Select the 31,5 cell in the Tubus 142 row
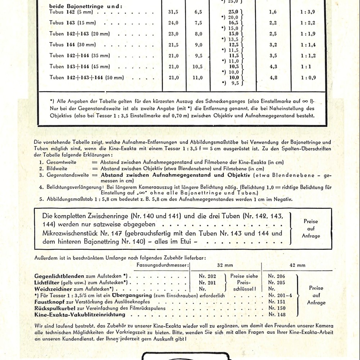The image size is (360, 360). pos(174,12)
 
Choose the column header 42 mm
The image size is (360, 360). pos(297,265)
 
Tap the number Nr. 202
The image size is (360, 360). pos(207,276)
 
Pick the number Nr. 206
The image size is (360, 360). pos(277,276)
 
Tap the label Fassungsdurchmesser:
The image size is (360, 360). pos(162,265)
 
